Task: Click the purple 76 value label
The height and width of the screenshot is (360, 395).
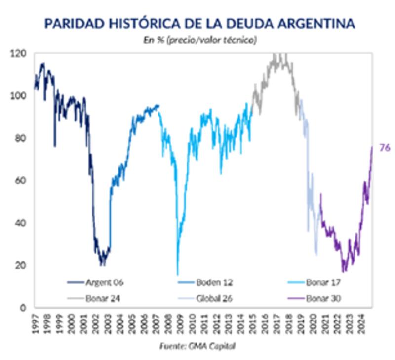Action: click(385, 147)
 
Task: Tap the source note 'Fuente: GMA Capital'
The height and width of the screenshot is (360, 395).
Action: click(197, 346)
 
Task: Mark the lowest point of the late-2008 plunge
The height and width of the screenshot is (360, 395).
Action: click(177, 274)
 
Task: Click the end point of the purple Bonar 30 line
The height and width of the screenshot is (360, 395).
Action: click(372, 147)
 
